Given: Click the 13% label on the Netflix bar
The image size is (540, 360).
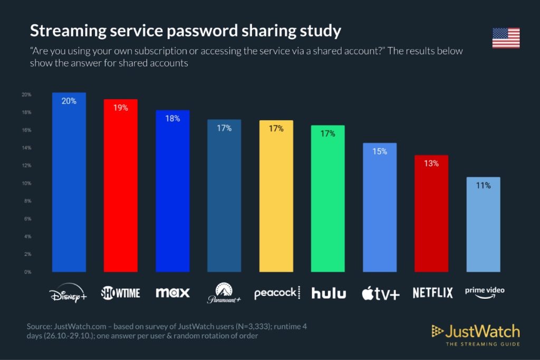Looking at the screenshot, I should click(431, 163).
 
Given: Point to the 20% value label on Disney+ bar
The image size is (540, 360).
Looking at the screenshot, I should click(69, 101).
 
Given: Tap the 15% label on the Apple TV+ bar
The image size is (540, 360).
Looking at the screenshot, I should click(379, 151).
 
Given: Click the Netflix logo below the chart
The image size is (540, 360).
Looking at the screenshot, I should click(432, 293).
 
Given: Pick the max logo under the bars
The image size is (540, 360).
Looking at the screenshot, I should click(172, 292).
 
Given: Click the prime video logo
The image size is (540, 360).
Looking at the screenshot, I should click(484, 292).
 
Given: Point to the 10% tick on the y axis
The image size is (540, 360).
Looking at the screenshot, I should click(26, 183).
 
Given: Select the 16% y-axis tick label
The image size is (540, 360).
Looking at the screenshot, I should click(26, 130).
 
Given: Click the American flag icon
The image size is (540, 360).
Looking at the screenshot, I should click(506, 38).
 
